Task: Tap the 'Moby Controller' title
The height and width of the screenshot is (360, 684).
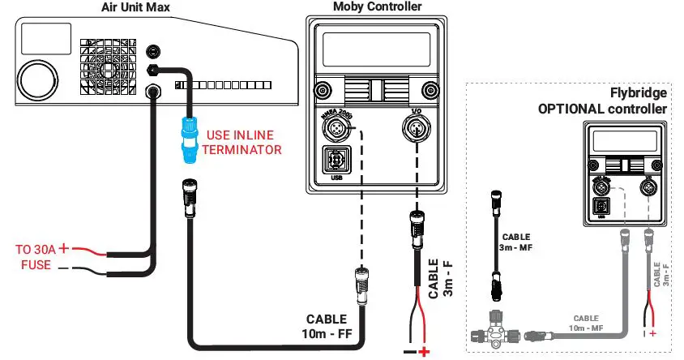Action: pos(377,6)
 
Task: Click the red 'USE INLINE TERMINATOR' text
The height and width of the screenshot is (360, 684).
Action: pos(245,142)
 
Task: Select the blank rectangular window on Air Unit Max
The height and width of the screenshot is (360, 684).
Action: pos(45,37)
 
